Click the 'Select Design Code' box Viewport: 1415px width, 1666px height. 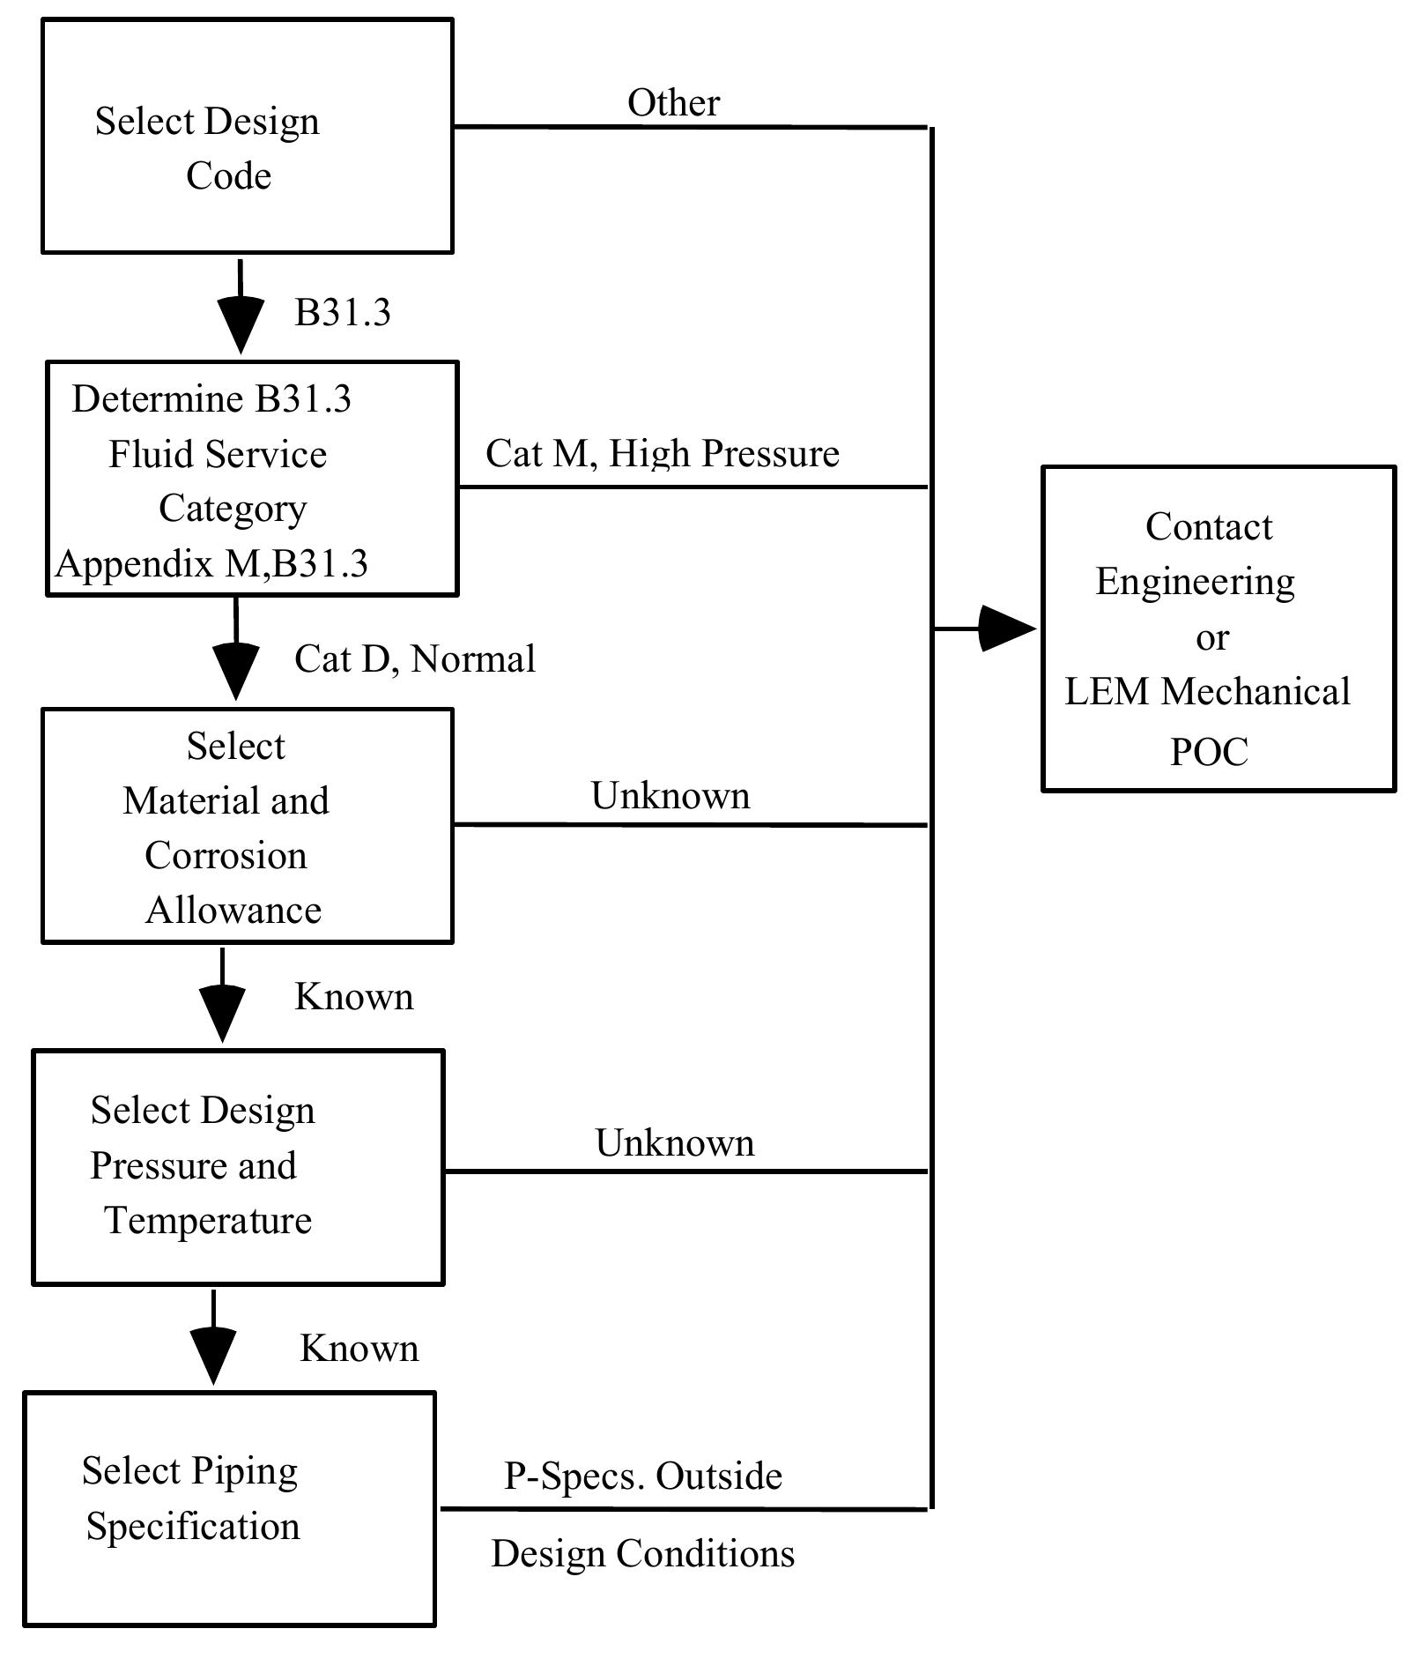click(247, 137)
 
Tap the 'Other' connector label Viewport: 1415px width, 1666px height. click(673, 103)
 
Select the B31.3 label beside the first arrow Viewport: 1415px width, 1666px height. click(342, 313)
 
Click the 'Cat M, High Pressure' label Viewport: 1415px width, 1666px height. click(663, 454)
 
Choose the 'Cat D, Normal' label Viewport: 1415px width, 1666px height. click(414, 659)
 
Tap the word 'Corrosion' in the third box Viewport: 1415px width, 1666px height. click(226, 856)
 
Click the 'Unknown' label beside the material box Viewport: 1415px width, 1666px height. click(670, 796)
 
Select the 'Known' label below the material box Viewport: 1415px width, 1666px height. click(353, 997)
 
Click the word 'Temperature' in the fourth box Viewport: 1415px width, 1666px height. click(208, 1221)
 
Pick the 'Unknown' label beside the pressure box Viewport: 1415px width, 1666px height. click(675, 1143)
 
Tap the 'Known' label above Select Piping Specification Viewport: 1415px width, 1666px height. click(359, 1349)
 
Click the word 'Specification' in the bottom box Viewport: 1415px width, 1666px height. click(193, 1527)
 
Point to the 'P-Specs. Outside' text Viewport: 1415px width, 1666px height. click(643, 1476)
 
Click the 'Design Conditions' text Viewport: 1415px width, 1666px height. click(643, 1554)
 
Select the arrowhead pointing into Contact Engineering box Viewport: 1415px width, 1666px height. click(1006, 628)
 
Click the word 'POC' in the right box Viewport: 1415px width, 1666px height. click(1209, 752)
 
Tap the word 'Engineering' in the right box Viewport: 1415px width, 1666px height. click(1195, 582)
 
